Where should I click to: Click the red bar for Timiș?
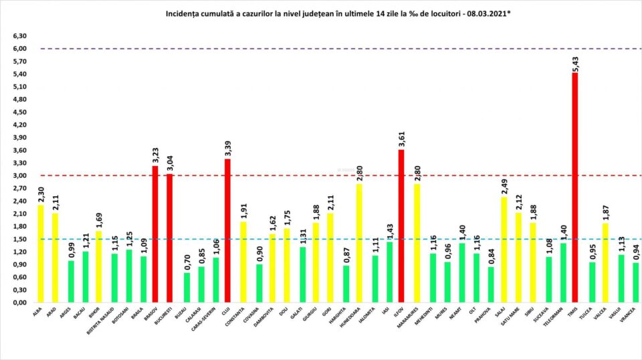[x=574, y=187]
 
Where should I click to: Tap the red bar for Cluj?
[x=228, y=231]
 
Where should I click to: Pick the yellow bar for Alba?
[x=41, y=254]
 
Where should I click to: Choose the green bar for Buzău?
[x=187, y=288]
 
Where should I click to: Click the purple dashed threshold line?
[x=334, y=49]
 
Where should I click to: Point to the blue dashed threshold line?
[x=334, y=239]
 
